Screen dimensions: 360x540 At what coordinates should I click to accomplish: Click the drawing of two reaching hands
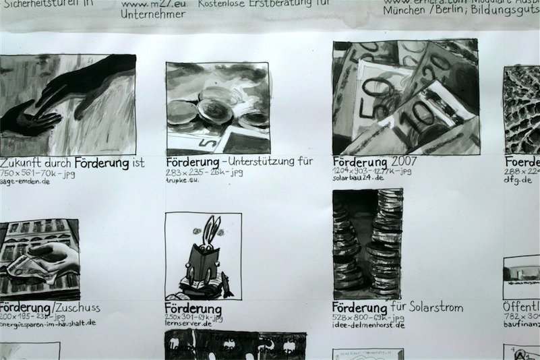(67, 104)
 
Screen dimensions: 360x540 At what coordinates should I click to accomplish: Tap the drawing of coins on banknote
(218, 108)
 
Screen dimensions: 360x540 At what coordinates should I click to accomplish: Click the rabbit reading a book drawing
(203, 256)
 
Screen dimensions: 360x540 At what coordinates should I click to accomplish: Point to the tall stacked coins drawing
(367, 243)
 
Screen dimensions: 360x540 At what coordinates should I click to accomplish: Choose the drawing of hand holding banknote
(39, 259)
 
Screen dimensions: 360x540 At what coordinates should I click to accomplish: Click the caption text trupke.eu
(182, 181)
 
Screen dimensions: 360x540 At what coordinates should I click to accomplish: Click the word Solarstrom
(438, 307)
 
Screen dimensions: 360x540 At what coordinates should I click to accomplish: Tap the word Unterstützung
(262, 162)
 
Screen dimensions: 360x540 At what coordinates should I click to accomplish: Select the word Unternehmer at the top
(152, 13)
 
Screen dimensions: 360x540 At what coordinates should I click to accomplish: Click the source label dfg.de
(518, 180)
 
